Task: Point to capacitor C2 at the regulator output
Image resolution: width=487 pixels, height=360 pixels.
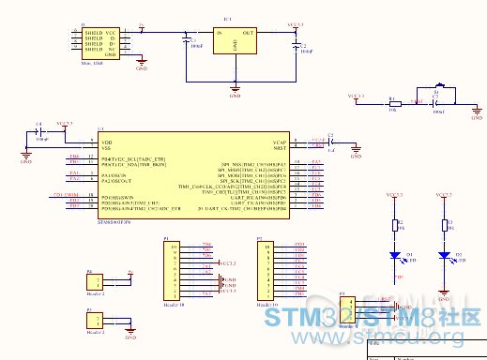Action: [294, 45]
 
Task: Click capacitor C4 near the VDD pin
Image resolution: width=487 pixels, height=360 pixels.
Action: [40, 132]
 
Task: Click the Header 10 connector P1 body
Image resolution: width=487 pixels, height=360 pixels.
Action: [173, 272]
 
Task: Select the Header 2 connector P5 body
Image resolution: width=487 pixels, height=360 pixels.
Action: [95, 322]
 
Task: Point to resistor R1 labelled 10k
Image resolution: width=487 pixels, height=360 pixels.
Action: [394, 103]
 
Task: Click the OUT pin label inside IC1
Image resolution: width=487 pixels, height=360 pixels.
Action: [248, 33]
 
